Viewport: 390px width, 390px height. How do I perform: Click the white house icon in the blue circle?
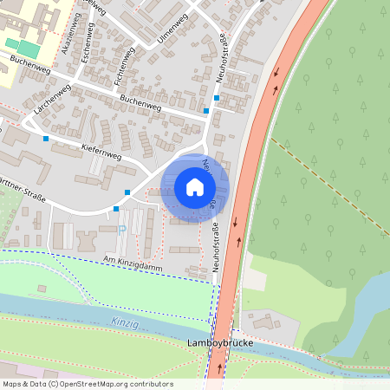pos(195,187)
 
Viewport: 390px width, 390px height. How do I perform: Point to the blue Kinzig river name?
pos(124,322)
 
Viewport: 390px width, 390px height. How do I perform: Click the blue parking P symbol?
pos(121,229)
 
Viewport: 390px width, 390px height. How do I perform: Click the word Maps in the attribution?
pos(13,384)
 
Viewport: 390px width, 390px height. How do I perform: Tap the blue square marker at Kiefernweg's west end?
pos(46,138)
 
